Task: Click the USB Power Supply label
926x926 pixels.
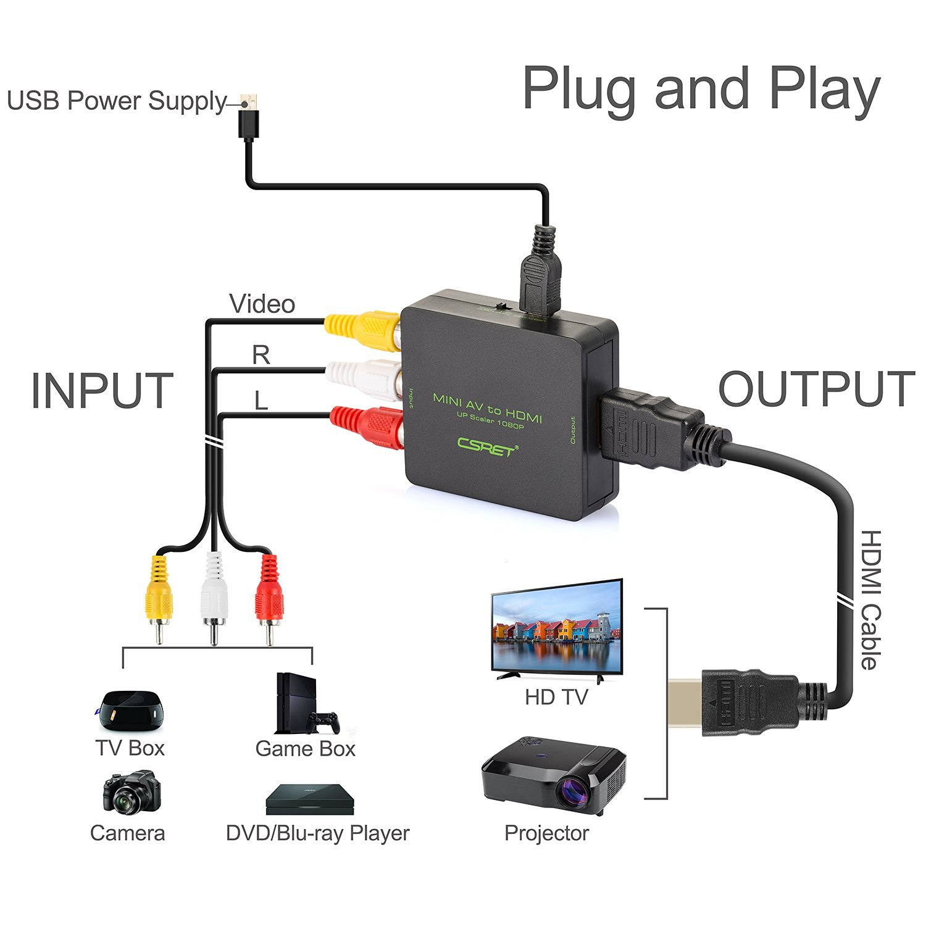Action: pos(117,101)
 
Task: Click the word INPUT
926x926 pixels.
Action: pos(102,391)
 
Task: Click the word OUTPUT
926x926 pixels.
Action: pos(816,390)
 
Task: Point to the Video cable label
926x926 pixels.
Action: pos(262,304)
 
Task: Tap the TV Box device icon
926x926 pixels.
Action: pos(131,710)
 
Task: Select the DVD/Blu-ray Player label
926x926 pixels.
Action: pos(317,833)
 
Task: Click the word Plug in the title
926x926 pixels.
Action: pos(578,90)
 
